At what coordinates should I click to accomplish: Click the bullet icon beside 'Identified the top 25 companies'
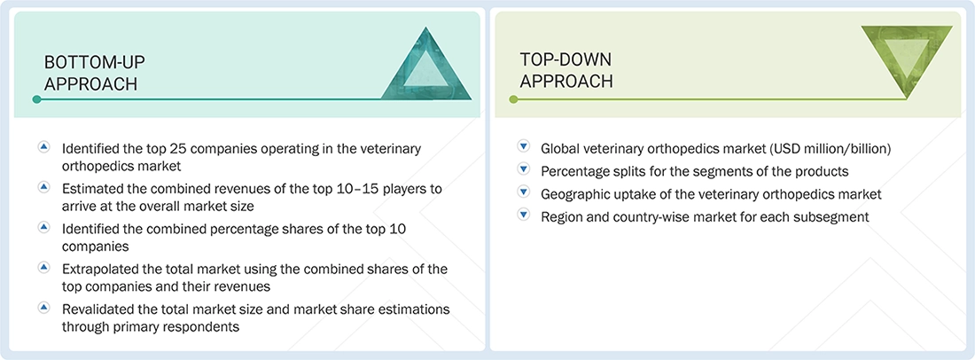tap(43, 147)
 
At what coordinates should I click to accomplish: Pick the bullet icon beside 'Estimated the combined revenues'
tap(43, 188)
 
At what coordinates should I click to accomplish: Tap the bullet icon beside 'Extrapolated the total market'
tap(43, 267)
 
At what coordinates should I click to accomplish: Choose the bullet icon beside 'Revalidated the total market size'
tap(43, 308)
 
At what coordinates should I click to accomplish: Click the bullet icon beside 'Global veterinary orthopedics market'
tap(523, 147)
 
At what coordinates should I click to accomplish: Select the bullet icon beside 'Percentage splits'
tap(523, 170)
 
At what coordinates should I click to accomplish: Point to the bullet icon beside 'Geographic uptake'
tap(523, 193)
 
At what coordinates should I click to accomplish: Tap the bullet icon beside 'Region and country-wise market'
tap(523, 216)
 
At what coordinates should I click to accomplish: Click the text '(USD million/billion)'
tap(833, 148)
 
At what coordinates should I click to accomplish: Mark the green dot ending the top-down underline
tap(513, 99)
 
